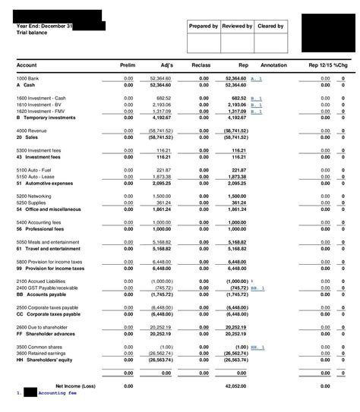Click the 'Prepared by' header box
[x=204, y=27]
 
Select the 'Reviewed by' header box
[x=237, y=27]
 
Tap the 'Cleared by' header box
[x=270, y=27]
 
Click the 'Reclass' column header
[x=201, y=64]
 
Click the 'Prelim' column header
[x=128, y=64]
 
